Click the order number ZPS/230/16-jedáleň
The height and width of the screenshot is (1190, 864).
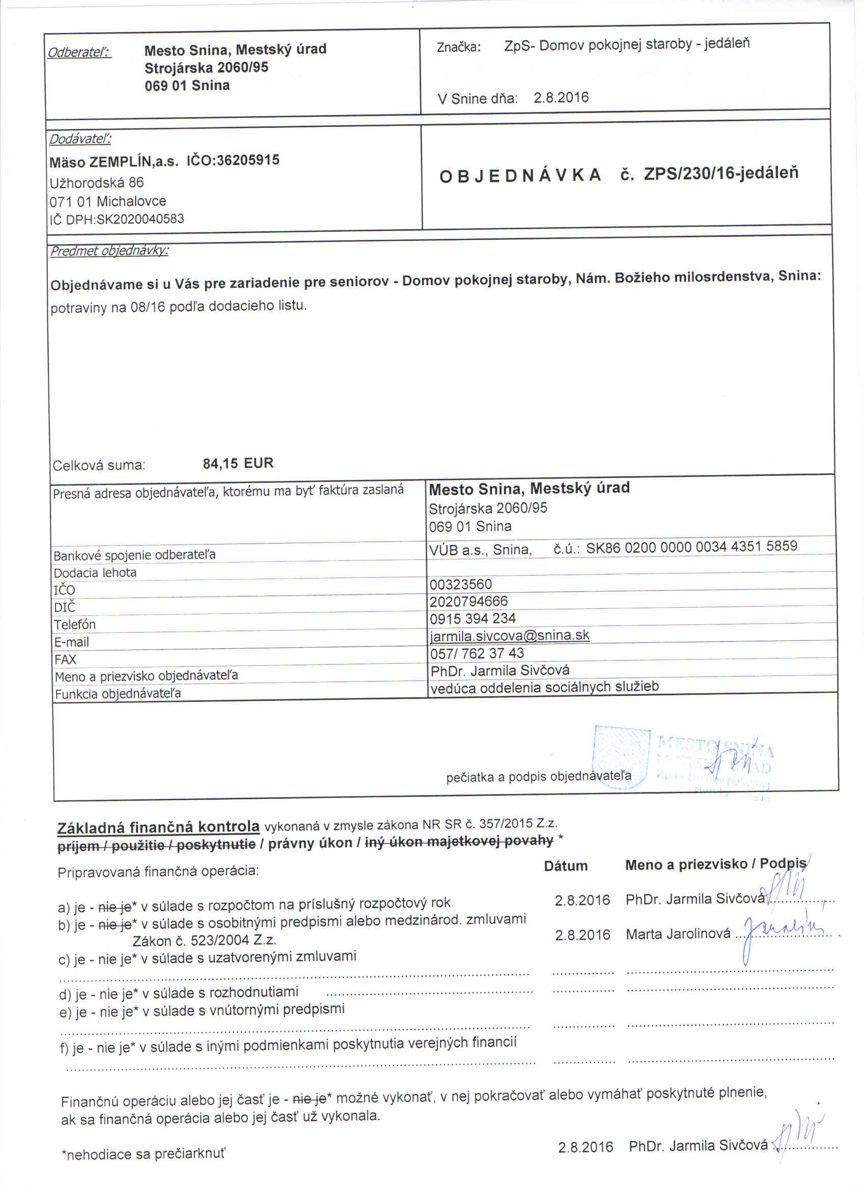pos(721,173)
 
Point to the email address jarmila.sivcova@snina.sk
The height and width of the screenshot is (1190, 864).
pos(509,635)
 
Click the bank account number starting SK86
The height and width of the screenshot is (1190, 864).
pos(691,547)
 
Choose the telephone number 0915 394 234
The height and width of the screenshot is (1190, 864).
pos(473,618)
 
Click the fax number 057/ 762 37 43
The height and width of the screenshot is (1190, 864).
pos(477,653)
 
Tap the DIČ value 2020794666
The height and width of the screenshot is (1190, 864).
pos(469,601)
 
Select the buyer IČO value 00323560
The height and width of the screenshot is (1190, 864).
pos(461,584)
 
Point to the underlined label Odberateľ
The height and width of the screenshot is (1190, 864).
pos(79,52)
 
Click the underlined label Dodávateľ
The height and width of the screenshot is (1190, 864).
pos(80,139)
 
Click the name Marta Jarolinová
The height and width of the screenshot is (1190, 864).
pos(678,934)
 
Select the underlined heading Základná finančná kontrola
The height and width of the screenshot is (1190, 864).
pos(158,827)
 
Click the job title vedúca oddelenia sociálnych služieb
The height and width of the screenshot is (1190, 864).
pos(544,687)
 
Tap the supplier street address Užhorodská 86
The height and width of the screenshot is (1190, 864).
pos(96,182)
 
